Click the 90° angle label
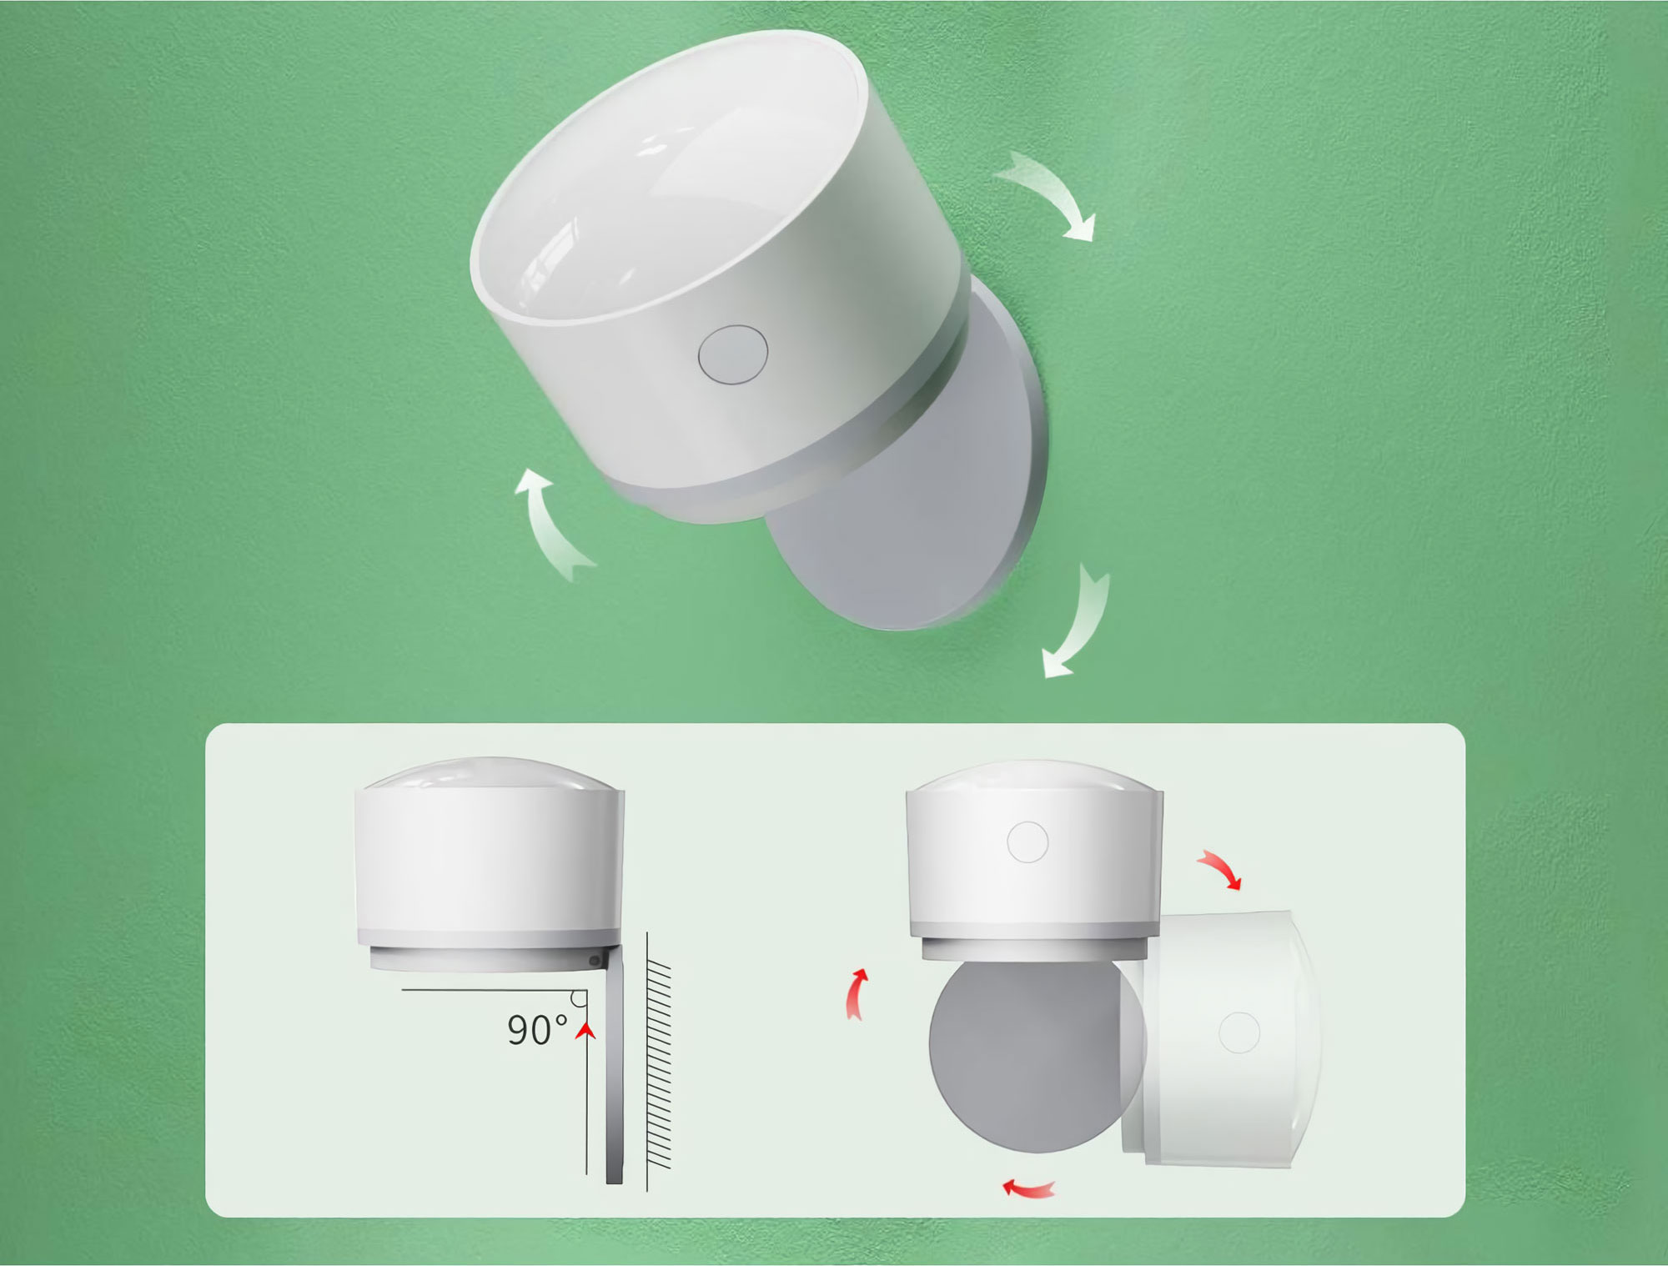pyautogui.click(x=538, y=1031)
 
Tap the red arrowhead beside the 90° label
pyautogui.click(x=587, y=1032)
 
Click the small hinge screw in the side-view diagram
pyautogui.click(x=594, y=962)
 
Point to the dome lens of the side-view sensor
pyautogui.click(x=489, y=774)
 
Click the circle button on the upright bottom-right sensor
pyautogui.click(x=1027, y=841)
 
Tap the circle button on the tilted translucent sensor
pyautogui.click(x=1238, y=1032)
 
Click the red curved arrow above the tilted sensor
pyautogui.click(x=1220, y=869)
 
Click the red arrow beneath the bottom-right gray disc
pyautogui.click(x=1028, y=1188)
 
